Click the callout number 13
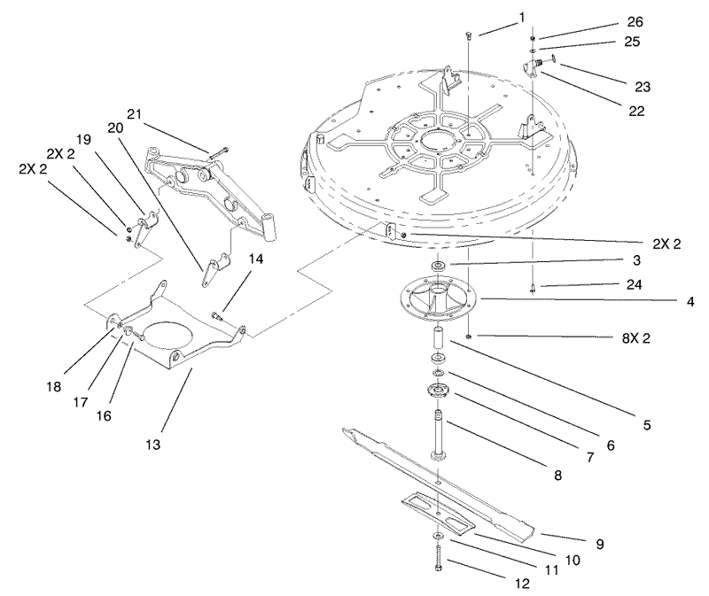[153, 445]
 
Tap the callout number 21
[134, 114]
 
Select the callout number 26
[635, 21]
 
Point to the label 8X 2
[635, 338]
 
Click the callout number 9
[600, 544]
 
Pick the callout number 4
[690, 301]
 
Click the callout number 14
[255, 259]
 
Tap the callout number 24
[635, 284]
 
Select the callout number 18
[53, 387]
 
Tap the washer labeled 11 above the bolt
[438, 536]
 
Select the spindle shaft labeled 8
[438, 435]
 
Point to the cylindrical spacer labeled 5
[438, 338]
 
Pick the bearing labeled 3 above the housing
[439, 266]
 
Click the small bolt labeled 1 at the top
[468, 35]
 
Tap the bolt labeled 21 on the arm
[220, 151]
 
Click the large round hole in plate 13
[168, 336]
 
